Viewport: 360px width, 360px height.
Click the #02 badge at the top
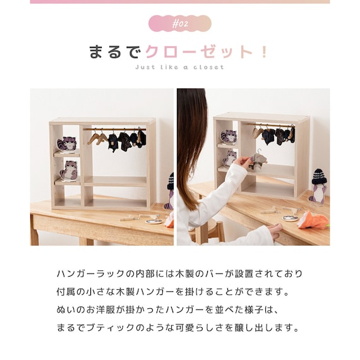[180, 23]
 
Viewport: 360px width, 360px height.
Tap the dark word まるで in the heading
[114, 52]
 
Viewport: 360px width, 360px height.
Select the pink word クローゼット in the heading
[199, 52]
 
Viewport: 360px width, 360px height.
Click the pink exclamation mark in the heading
[264, 52]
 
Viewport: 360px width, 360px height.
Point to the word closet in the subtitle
[208, 68]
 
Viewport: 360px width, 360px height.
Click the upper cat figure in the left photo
[68, 143]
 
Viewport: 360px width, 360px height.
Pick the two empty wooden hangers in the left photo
[97, 137]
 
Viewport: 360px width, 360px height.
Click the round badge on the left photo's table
[153, 221]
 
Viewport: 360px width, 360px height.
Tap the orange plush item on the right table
[314, 220]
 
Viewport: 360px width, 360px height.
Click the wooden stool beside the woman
[210, 231]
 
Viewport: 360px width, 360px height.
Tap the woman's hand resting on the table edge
[275, 230]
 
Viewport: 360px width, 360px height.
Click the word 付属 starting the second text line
[66, 292]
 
